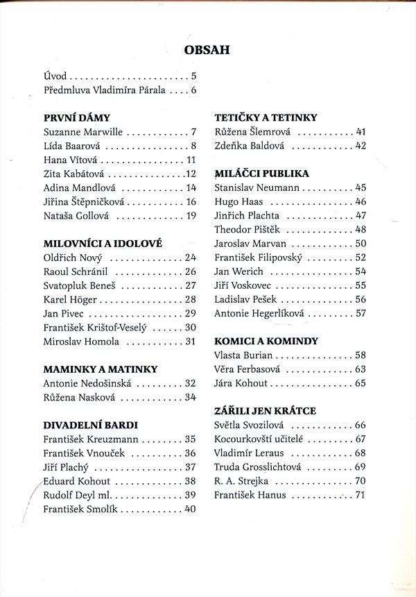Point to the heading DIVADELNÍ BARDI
click(91, 424)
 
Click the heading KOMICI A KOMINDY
click(266, 341)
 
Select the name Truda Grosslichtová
click(260, 466)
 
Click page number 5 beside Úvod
click(193, 76)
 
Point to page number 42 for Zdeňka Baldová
click(360, 146)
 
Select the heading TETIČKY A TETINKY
click(266, 117)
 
